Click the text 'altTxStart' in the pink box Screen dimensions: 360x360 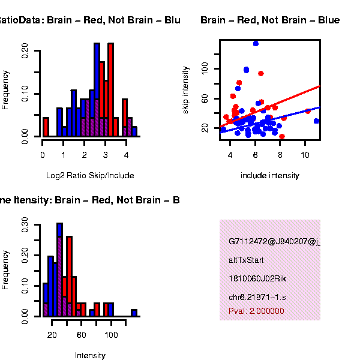pyautogui.click(x=246, y=260)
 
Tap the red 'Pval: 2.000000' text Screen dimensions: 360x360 pyautogui.click(x=256, y=311)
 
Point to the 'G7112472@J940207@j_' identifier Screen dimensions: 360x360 pyautogui.click(x=274, y=242)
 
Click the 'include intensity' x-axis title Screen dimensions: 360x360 pyautogui.click(x=269, y=175)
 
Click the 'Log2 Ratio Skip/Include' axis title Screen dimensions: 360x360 pyautogui.click(x=90, y=175)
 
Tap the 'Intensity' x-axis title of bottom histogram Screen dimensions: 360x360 pyautogui.click(x=90, y=355)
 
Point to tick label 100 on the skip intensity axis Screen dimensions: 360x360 pyautogui.click(x=205, y=70)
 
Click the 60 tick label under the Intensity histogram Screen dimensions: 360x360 pyautogui.click(x=81, y=335)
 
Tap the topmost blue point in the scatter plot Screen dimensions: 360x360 pyautogui.click(x=256, y=43)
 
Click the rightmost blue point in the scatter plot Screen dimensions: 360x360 pyautogui.click(x=316, y=121)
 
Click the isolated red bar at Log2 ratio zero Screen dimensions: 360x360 pyautogui.click(x=46, y=127)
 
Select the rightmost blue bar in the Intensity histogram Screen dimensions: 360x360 pyautogui.click(x=134, y=312)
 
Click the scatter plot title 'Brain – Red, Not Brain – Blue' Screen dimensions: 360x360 pyautogui.click(x=270, y=20)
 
